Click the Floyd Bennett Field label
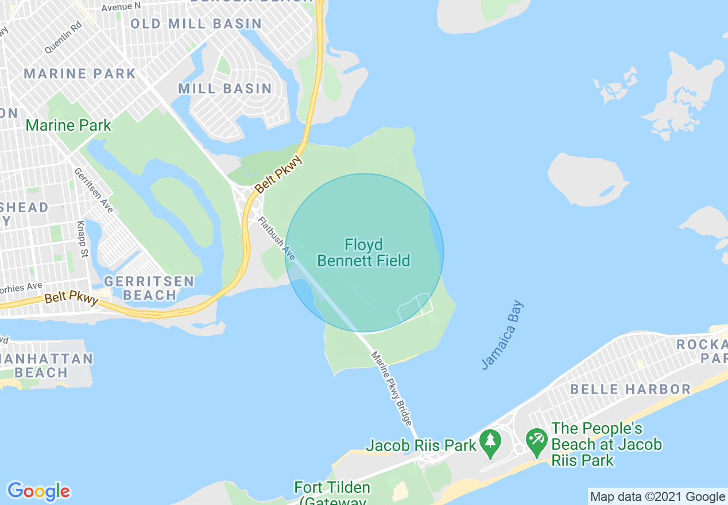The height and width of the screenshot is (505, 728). (x=363, y=253)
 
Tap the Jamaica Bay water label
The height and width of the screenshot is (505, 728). (x=502, y=335)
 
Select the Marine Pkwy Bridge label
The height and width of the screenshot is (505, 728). (x=392, y=388)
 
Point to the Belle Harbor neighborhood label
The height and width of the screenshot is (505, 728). (x=630, y=389)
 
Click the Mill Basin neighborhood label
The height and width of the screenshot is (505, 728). (x=225, y=88)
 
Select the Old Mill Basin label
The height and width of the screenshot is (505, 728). (x=196, y=24)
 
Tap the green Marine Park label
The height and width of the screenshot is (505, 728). (x=69, y=125)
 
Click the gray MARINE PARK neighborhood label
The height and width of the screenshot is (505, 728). (x=80, y=73)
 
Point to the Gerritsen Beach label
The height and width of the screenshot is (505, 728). (x=149, y=288)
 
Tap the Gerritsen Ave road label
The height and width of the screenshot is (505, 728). (x=94, y=190)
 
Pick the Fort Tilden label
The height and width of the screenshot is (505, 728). (x=332, y=488)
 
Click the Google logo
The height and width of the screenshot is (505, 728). (x=38, y=491)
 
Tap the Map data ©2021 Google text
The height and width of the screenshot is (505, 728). (x=657, y=497)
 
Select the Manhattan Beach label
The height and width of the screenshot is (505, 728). (x=47, y=366)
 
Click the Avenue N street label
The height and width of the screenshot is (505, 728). (x=121, y=6)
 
